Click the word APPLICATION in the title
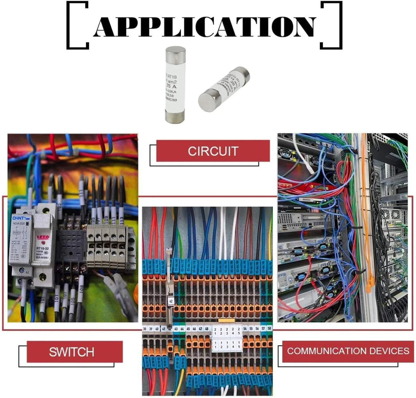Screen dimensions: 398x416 (204, 27)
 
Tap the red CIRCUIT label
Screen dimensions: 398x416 (213, 151)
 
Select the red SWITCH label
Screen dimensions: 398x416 (72, 352)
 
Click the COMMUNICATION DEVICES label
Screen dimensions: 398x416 (348, 351)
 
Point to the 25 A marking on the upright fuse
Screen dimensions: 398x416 (171, 86)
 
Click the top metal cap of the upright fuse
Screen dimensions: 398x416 (176, 53)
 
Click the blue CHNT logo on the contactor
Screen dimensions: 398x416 (19, 218)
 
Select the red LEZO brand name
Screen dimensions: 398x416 (43, 237)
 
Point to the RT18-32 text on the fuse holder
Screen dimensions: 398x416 (42, 248)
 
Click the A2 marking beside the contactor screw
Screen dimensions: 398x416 (28, 272)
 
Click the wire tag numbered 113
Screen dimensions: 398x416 (121, 220)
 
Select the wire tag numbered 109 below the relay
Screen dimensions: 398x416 (81, 289)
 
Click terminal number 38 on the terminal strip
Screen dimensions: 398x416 (145, 329)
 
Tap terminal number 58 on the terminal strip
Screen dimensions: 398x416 (269, 328)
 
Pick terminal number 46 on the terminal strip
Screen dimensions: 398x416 (194, 329)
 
